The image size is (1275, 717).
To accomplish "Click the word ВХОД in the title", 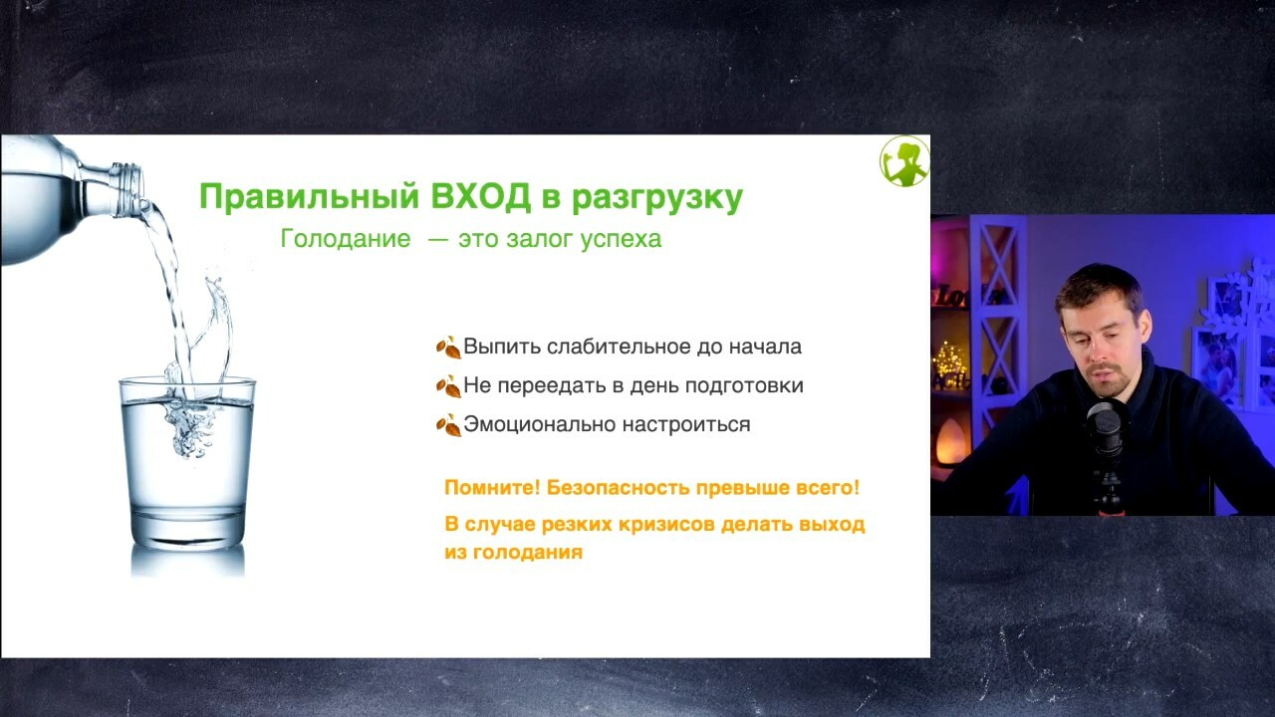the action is pos(480,197).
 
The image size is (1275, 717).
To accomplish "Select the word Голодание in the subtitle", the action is pos(346,238).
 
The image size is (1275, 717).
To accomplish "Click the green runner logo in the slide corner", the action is pos(904,161).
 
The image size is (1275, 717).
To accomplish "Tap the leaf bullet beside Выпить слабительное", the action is pos(448,348).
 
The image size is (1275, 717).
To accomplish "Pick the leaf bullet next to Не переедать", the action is pos(448,386).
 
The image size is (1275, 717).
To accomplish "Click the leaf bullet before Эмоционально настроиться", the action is pos(448,425).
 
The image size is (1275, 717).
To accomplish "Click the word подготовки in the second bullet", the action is pos(744,385).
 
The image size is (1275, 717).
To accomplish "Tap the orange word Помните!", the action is pos(492,488).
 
